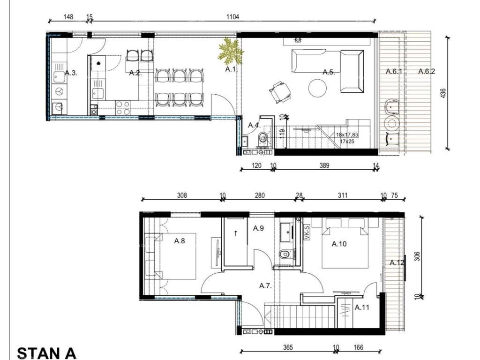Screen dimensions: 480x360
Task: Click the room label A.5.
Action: coord(329,72)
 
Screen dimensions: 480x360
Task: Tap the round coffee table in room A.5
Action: coord(317,88)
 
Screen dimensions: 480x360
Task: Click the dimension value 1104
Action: coord(232,16)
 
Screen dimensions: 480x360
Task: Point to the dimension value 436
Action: coord(443,93)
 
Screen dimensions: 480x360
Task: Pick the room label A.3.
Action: coord(71,73)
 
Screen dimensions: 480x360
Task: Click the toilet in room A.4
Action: coord(263,138)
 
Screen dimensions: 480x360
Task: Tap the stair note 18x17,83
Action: coord(347,135)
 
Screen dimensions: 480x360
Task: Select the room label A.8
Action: coord(180,241)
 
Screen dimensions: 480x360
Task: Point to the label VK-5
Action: coord(307,232)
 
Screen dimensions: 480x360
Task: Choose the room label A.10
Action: coord(339,244)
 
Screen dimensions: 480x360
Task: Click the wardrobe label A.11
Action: coord(362,307)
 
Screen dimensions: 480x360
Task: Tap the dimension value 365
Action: coord(288,347)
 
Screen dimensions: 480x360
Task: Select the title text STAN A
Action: coord(46,353)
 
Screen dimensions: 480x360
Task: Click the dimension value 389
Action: coord(324,165)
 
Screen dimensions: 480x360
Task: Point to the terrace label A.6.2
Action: coord(427,71)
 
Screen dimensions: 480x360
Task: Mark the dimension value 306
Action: coord(417,256)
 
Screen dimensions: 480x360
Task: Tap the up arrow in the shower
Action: coord(236,233)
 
